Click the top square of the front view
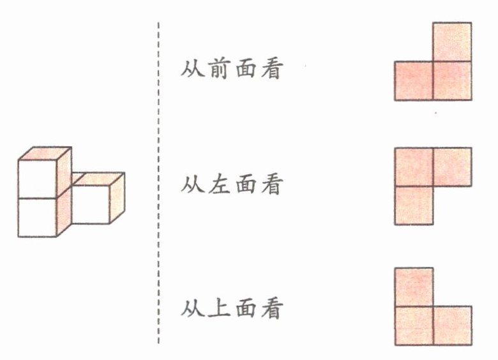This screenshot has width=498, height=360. point(452,42)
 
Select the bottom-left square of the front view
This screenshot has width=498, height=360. point(414,80)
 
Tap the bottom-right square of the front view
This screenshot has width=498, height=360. point(452,80)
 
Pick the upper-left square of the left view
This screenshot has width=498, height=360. point(414,167)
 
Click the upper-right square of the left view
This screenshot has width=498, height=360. point(452,167)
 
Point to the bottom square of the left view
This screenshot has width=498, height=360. point(414,205)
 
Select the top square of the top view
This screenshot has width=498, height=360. point(414,287)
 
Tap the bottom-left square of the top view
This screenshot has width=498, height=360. point(414,326)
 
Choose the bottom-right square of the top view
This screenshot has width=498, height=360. point(452,326)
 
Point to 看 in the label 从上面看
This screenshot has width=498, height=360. point(271,310)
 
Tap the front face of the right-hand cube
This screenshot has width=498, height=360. point(90,205)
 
